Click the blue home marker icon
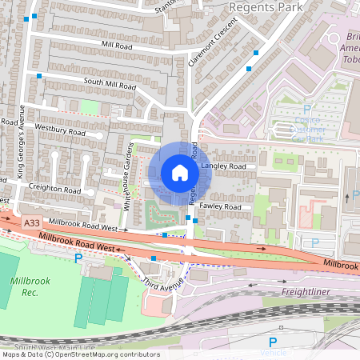pos(180,173)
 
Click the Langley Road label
pos(225,166)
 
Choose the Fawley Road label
pos(222,207)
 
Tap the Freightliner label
pos(306,292)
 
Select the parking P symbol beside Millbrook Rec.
pos(78,258)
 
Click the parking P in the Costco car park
pos(307,110)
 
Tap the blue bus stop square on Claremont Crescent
pos(256,54)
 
